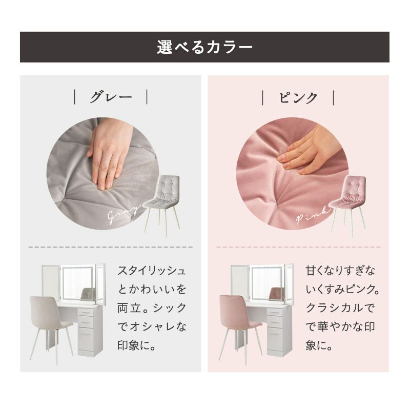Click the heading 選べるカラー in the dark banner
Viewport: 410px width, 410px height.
pos(204,47)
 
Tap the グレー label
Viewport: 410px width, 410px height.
pos(111,97)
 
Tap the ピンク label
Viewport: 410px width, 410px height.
pos(298,98)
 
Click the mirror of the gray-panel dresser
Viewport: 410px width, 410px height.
pos(78,283)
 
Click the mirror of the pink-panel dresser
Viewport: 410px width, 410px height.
pos(266,283)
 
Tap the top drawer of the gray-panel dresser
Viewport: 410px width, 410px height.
pos(86,312)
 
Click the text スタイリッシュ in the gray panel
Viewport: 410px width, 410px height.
pos(152,271)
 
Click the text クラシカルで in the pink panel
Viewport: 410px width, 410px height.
pos(340,308)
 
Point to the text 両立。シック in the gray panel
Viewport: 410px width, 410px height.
pos(152,308)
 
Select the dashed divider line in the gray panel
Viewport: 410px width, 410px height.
pos(111,247)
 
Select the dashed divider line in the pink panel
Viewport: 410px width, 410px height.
pos(298,247)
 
